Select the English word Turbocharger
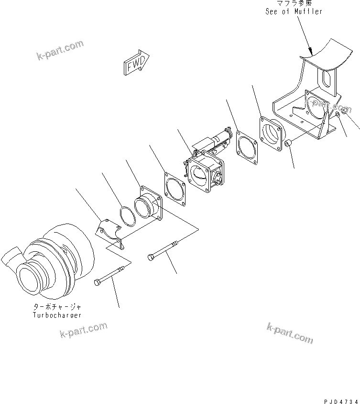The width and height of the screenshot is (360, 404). pyautogui.click(x=57, y=315)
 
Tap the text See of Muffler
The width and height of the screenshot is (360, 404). pyautogui.click(x=294, y=11)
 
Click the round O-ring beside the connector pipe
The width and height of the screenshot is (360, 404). pyautogui.click(x=127, y=216)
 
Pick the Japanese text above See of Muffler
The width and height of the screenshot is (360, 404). pyautogui.click(x=294, y=4)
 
